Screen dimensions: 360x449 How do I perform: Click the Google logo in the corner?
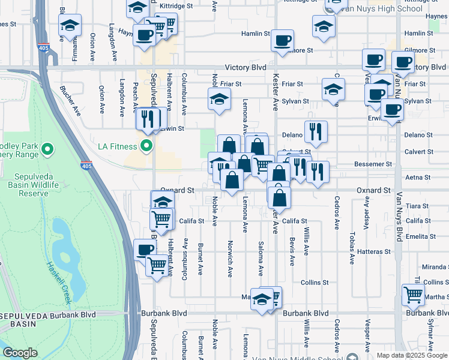point(20,353)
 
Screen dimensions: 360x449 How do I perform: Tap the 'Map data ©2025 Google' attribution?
point(412,355)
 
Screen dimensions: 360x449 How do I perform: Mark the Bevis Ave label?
point(292,252)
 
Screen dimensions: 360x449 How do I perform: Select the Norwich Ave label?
point(230,259)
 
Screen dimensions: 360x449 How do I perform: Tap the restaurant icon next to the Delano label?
point(315,131)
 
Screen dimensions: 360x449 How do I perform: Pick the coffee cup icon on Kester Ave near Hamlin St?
point(282,41)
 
